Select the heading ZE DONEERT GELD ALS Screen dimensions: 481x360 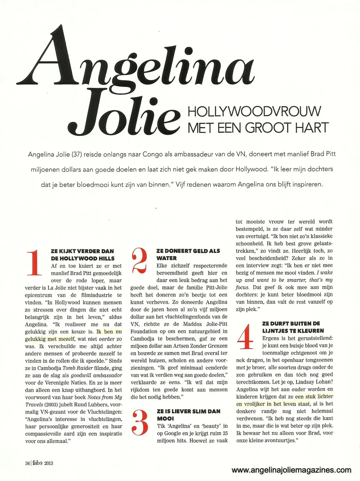click(x=188, y=251)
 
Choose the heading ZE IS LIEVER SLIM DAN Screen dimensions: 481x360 click(x=188, y=411)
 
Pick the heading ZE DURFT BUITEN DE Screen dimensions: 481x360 click(x=291, y=323)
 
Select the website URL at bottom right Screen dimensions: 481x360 click(x=291, y=470)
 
